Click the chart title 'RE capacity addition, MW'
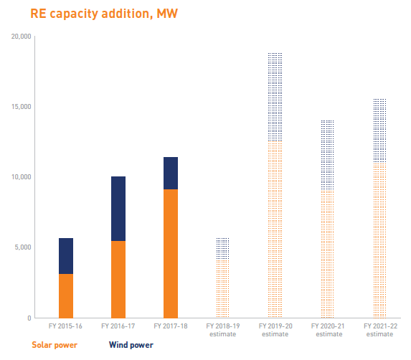click(x=104, y=14)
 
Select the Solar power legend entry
click(x=55, y=345)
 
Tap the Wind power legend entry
click(x=131, y=345)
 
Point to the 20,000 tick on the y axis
click(x=21, y=36)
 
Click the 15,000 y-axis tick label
click(x=21, y=106)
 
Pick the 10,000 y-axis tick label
click(x=21, y=177)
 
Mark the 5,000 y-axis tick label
click(x=23, y=247)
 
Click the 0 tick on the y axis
click(x=29, y=318)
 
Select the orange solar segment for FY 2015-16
click(x=66, y=296)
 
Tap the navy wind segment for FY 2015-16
click(x=66, y=256)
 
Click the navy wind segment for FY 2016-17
click(x=118, y=209)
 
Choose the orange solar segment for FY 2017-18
click(x=171, y=254)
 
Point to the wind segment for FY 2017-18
click(x=171, y=174)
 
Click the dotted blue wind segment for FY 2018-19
click(x=222, y=249)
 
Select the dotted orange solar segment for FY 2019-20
click(x=275, y=229)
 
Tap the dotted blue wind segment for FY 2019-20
click(x=275, y=97)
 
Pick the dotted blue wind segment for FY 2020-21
click(x=327, y=155)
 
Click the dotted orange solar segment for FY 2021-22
click(x=380, y=240)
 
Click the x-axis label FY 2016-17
click(x=118, y=326)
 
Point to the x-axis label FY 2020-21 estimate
click(x=328, y=330)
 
